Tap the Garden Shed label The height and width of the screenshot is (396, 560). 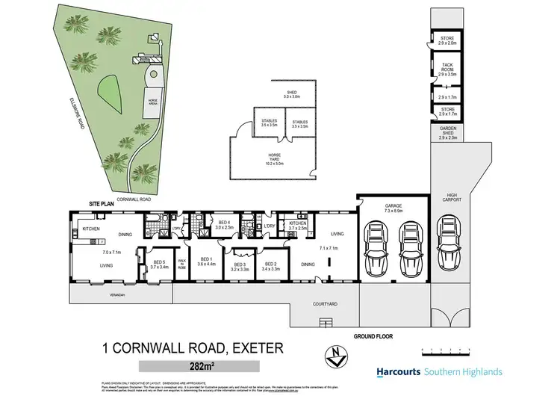[447, 134]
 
